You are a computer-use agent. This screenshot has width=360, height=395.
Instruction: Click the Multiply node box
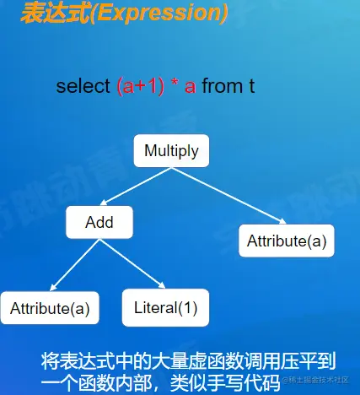(x=171, y=151)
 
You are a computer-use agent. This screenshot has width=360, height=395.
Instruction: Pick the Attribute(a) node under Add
(x=50, y=308)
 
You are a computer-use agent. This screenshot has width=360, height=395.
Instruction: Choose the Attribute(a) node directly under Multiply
(x=286, y=241)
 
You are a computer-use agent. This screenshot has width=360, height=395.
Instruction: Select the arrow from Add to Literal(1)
(x=136, y=264)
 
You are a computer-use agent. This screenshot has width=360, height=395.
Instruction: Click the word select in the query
(x=83, y=86)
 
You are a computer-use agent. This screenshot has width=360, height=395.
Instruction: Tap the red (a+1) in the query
(x=141, y=86)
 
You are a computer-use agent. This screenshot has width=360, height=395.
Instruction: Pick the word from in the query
(x=223, y=86)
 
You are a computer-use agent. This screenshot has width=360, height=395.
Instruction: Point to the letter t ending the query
(x=252, y=86)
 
